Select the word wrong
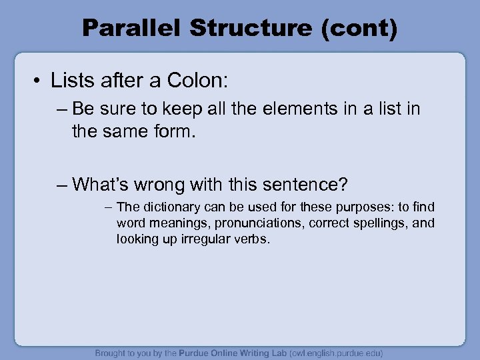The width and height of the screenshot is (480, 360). pyautogui.click(x=168, y=183)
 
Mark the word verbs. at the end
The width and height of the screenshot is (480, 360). pyautogui.click(x=253, y=238)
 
